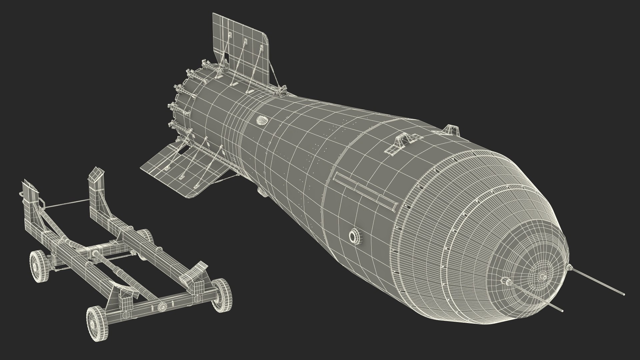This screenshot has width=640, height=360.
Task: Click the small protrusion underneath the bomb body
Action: click(x=261, y=191)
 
